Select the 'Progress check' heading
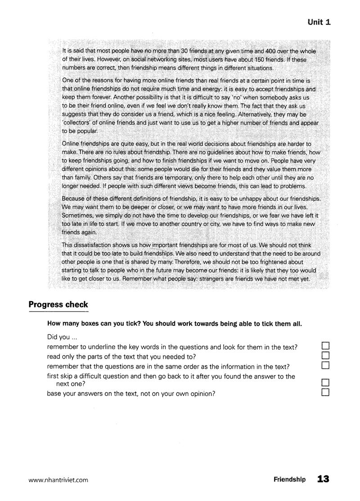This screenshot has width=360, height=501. (x=58, y=305)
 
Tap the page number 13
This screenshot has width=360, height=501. (x=323, y=479)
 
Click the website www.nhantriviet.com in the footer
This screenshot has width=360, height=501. (x=58, y=480)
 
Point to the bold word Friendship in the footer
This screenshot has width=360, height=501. (x=289, y=480)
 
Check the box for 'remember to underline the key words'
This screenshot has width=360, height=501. (x=326, y=346)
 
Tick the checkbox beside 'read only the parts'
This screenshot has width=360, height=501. (x=326, y=355)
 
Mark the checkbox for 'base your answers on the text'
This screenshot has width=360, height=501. (x=326, y=393)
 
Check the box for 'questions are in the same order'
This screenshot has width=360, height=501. (x=326, y=365)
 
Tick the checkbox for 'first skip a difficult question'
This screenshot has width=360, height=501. (x=326, y=383)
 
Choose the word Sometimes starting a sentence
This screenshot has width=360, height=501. (x=76, y=215)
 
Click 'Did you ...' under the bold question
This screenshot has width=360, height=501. (x=58, y=337)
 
